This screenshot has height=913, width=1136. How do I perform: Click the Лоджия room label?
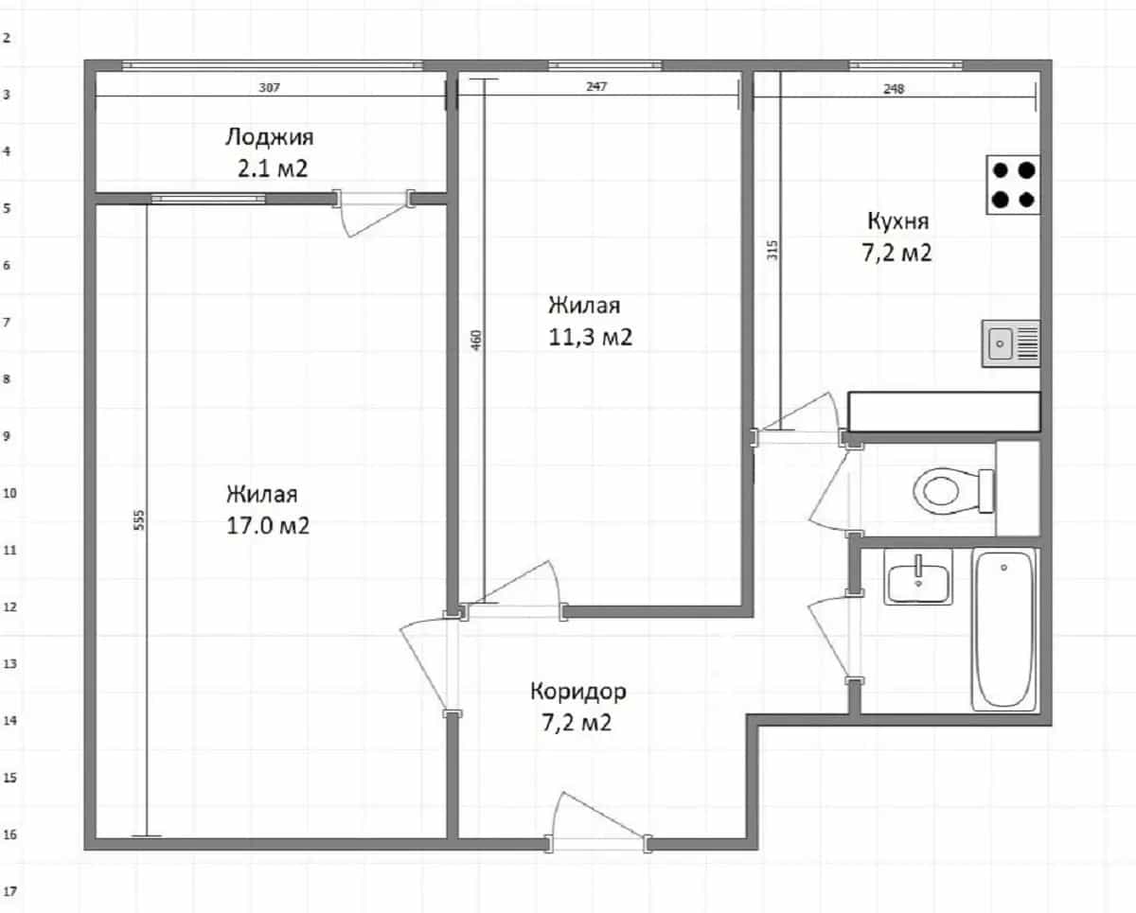[270, 138]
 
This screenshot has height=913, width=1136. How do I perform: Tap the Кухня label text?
[898, 221]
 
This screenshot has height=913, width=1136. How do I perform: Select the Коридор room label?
[578, 692]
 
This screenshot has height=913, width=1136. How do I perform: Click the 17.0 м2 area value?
[268, 526]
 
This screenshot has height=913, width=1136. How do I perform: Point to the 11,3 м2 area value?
[590, 337]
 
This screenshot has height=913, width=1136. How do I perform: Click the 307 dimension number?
[269, 87]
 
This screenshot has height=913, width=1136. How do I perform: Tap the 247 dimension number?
[596, 86]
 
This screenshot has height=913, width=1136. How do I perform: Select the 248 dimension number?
[894, 89]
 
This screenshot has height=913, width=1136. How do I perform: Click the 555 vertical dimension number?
[138, 519]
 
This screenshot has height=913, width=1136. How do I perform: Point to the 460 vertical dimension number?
[476, 340]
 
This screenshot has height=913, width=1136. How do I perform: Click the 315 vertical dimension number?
[772, 250]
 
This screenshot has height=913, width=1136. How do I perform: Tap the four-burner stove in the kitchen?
[1013, 184]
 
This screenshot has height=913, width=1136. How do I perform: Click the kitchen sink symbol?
[1011, 343]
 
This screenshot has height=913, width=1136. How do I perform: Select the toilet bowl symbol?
[953, 490]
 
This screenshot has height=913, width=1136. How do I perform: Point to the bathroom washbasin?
[918, 577]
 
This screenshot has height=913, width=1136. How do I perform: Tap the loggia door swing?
[373, 213]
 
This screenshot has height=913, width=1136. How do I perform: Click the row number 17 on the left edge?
[10, 891]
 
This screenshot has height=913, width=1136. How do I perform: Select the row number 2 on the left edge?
[7, 38]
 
